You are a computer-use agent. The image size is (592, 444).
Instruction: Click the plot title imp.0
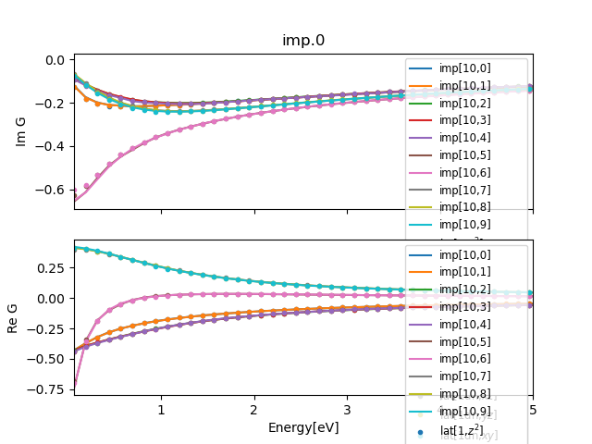303,41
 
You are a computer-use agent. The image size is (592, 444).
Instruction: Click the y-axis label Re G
13,317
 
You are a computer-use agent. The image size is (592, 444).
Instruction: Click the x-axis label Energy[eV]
303,427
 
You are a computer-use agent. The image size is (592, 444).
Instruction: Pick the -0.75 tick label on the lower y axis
50,389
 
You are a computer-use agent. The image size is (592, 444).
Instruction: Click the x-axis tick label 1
161,410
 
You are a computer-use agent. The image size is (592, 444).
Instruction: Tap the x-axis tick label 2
253,410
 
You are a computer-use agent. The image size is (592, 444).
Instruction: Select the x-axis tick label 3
347,410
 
